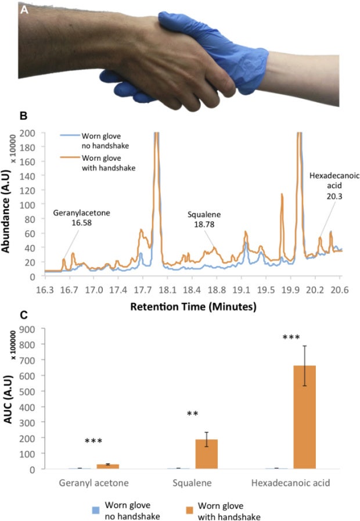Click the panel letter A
click(26, 10)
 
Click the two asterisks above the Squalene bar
click(193, 415)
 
